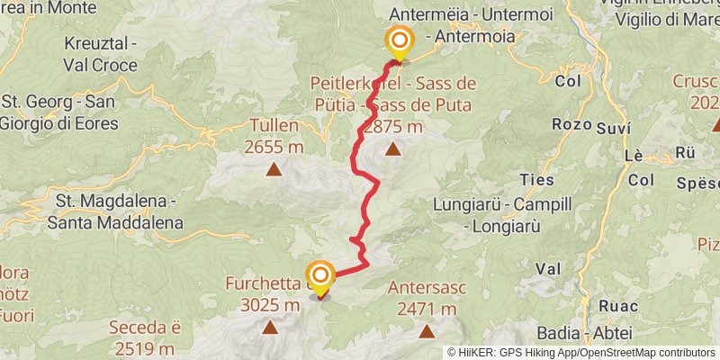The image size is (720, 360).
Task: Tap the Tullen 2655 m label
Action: (x=273, y=137)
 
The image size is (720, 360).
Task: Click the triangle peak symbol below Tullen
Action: (x=273, y=168)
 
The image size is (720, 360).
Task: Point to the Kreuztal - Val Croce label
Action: (x=100, y=54)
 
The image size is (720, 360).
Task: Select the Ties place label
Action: (x=537, y=179)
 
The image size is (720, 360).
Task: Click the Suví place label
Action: (x=614, y=129)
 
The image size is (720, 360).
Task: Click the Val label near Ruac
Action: (x=548, y=268)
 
